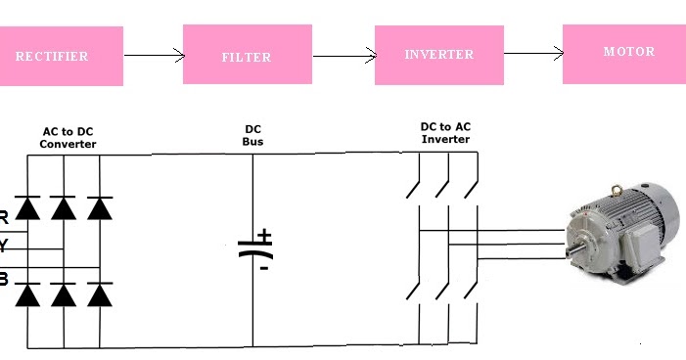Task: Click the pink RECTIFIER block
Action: click(x=61, y=56)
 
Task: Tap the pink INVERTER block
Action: click(x=437, y=54)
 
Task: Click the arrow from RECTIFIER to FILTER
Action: click(x=153, y=55)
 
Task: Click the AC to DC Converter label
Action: click(x=69, y=137)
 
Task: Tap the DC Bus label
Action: click(x=252, y=136)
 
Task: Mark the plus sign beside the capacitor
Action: click(x=264, y=236)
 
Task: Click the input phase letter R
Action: click(x=4, y=216)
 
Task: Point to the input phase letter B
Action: click(x=4, y=280)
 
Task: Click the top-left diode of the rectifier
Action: click(x=28, y=207)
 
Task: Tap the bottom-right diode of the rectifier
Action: click(x=99, y=293)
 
